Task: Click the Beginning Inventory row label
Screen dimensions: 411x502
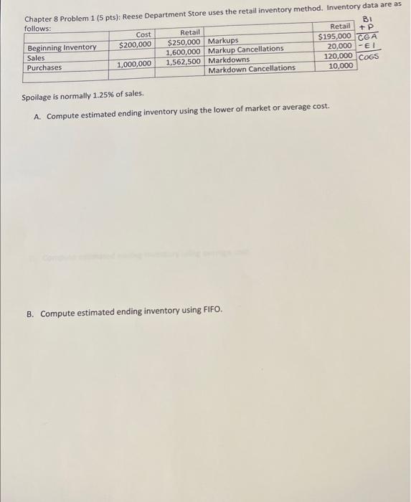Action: point(62,47)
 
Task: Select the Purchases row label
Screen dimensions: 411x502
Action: point(44,67)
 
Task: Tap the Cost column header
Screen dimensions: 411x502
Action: point(143,34)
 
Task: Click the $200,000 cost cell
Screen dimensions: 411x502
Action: point(135,45)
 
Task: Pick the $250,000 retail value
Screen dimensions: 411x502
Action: point(184,42)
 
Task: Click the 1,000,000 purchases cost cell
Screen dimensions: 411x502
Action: point(135,64)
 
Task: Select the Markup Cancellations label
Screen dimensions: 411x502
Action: point(245,49)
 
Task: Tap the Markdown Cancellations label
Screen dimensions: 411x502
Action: point(251,68)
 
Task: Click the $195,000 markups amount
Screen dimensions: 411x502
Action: point(335,37)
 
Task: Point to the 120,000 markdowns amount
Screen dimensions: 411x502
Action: point(339,56)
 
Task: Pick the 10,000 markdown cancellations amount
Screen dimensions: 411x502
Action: point(341,65)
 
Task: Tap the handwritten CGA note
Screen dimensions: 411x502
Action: point(367,37)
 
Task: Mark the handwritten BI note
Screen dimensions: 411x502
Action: point(369,20)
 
